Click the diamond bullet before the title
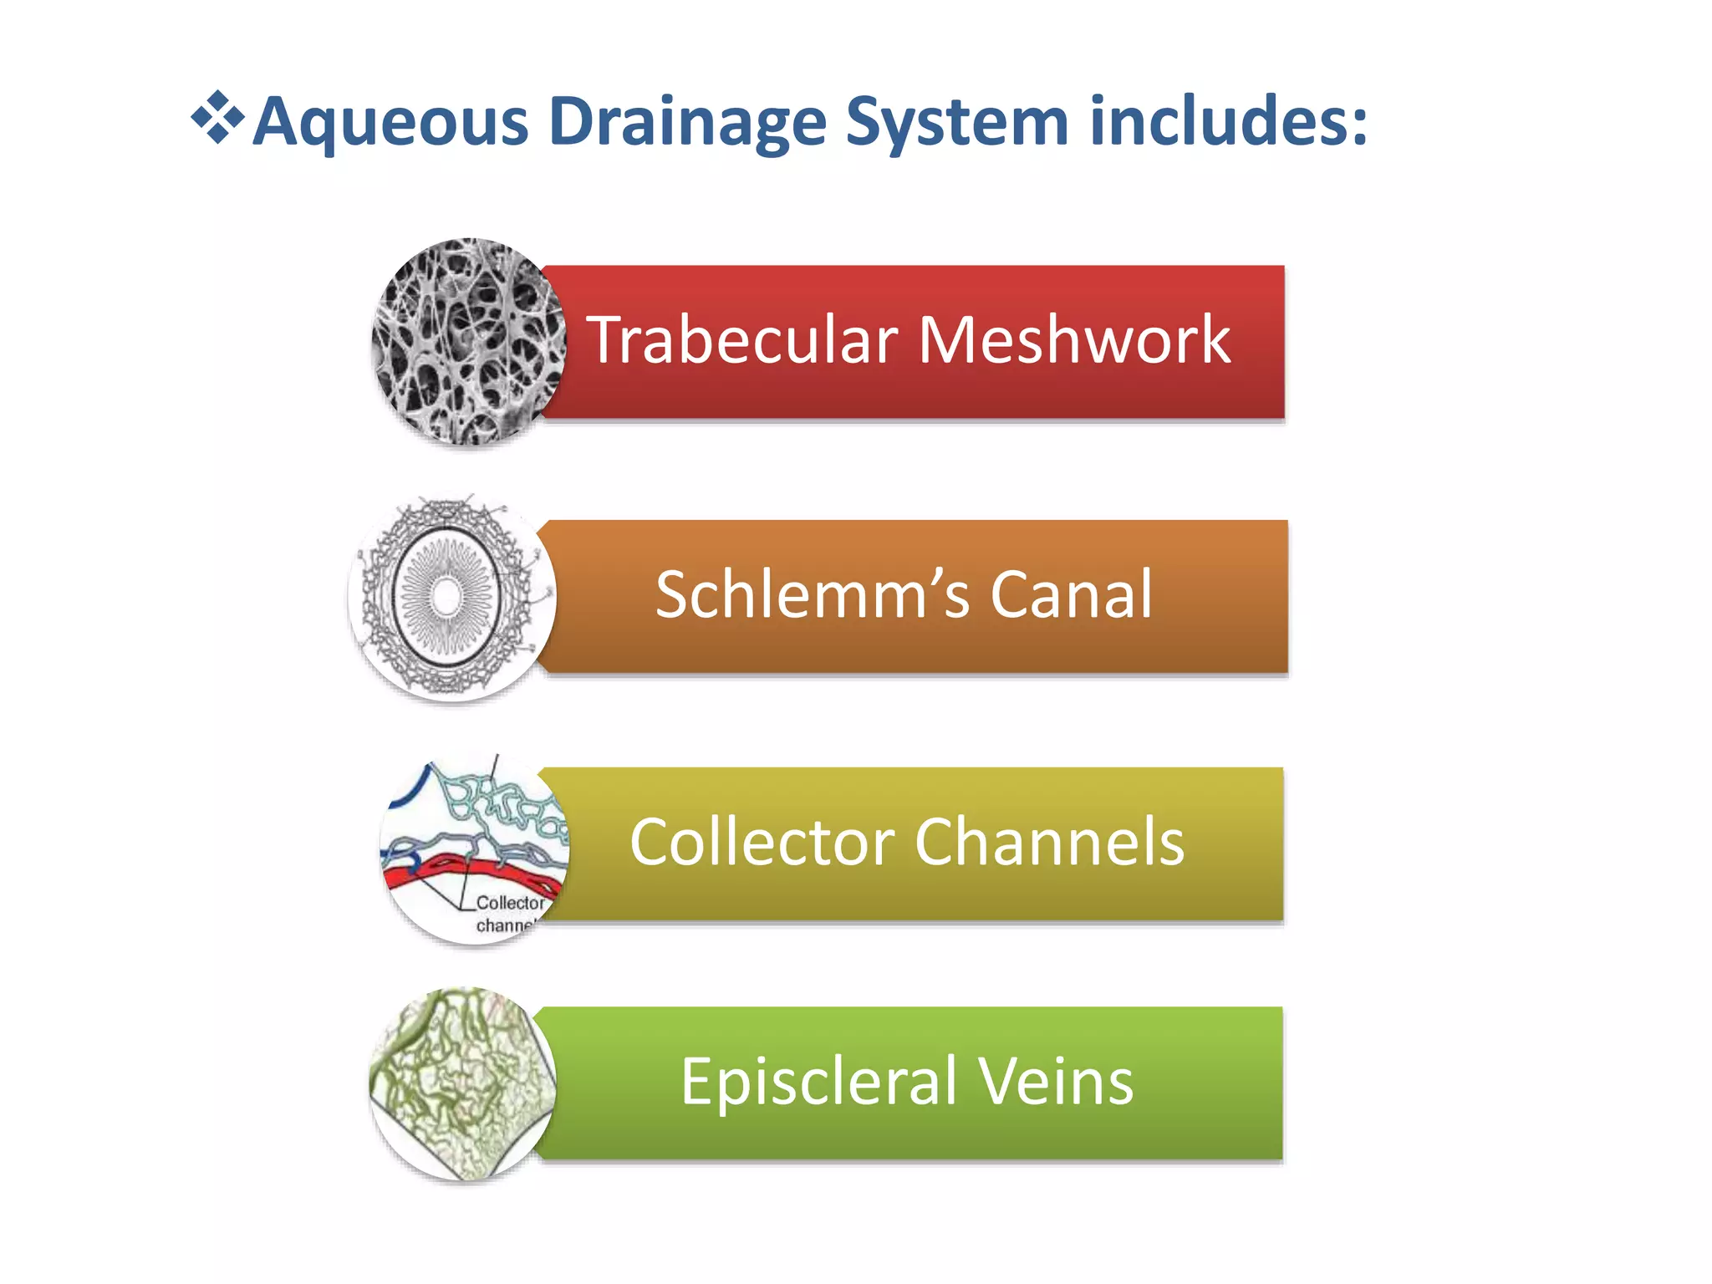pyautogui.click(x=217, y=117)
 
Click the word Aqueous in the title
pyautogui.click(x=391, y=123)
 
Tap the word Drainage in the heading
pyautogui.click(x=688, y=123)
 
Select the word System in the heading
pyautogui.click(x=957, y=123)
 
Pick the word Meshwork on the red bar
pyautogui.click(x=1074, y=340)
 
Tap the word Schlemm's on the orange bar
pyautogui.click(x=813, y=594)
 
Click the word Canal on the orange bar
pyautogui.click(x=1072, y=594)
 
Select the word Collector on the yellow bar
pyautogui.click(x=762, y=842)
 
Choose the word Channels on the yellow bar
pyautogui.click(x=1050, y=842)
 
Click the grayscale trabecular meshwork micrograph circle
pyautogui.click(x=469, y=342)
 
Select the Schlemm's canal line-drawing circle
pyautogui.click(x=452, y=597)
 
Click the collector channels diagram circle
pyautogui.click(x=475, y=848)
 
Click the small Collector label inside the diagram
pyautogui.click(x=510, y=903)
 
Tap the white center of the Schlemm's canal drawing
pyautogui.click(x=446, y=596)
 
